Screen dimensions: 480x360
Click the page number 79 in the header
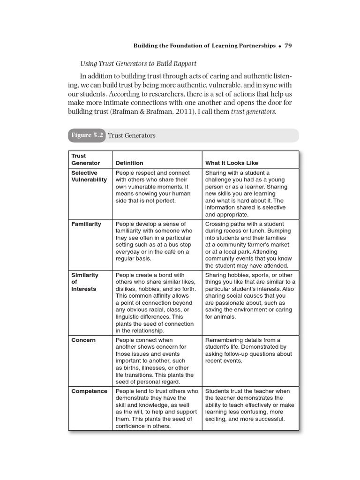pos(288,45)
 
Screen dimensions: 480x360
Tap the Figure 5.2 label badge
pos(87,135)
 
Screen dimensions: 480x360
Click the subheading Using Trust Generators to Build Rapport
pos(138,63)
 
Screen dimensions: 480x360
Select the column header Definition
pos(129,163)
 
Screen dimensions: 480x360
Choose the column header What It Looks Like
pos(232,163)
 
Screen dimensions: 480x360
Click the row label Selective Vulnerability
pos(89,176)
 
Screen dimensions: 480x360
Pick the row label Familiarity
pos(86,224)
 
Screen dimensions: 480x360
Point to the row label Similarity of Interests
pos(84,282)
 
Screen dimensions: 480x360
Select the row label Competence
pos(89,391)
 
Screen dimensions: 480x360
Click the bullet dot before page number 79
pos(279,46)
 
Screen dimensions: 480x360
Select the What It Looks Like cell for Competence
pos(250,405)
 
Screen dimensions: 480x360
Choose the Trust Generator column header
pos(85,159)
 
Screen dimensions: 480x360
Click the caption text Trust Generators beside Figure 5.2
pos(132,135)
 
